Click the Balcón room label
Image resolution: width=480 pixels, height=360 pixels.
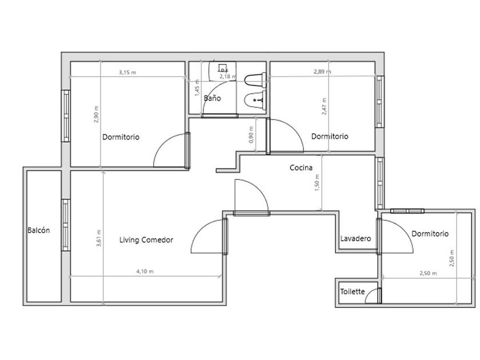point(39,230)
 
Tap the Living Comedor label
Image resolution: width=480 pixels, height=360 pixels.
point(146,239)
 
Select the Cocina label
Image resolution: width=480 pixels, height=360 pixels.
point(301,167)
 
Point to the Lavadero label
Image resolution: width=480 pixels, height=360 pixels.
point(355,238)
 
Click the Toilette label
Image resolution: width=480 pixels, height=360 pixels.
point(353,291)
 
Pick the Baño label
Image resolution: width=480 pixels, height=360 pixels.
point(212,98)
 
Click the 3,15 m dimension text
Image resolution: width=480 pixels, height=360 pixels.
point(127,72)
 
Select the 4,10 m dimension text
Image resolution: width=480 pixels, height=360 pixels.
point(145,271)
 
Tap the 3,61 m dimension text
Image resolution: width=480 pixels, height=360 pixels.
point(98,238)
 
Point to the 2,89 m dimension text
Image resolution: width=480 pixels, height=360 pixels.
point(322,71)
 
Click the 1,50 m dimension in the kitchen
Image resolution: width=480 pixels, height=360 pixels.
point(317,183)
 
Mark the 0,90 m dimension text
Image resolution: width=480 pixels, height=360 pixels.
point(251,135)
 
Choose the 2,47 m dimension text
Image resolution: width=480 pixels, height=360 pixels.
point(324,106)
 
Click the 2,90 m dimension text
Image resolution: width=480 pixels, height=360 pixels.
point(96,114)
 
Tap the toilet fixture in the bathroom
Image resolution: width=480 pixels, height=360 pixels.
point(255,79)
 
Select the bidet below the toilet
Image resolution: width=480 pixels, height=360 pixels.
point(255,100)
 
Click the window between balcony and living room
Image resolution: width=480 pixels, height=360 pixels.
point(66,225)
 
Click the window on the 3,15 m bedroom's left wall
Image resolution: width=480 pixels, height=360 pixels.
point(66,115)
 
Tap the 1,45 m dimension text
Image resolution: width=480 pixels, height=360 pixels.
point(197,88)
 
